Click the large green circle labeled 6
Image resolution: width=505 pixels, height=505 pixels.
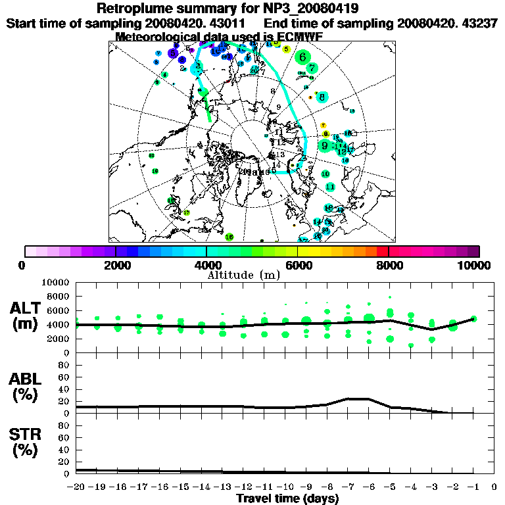point(302,57)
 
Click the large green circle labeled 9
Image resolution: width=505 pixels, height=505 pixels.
point(324,145)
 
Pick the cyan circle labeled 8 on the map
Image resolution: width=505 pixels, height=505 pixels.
point(322,97)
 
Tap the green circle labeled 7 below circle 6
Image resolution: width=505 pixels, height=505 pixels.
point(312,67)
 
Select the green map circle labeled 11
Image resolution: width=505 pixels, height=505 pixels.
point(330,187)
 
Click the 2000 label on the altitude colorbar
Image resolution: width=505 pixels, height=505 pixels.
point(116,265)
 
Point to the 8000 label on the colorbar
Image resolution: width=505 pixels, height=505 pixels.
point(389,265)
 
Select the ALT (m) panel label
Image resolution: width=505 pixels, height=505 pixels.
point(26,316)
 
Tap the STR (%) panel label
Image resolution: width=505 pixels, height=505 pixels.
point(26,443)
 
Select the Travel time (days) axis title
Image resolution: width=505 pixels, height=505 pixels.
point(287,499)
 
